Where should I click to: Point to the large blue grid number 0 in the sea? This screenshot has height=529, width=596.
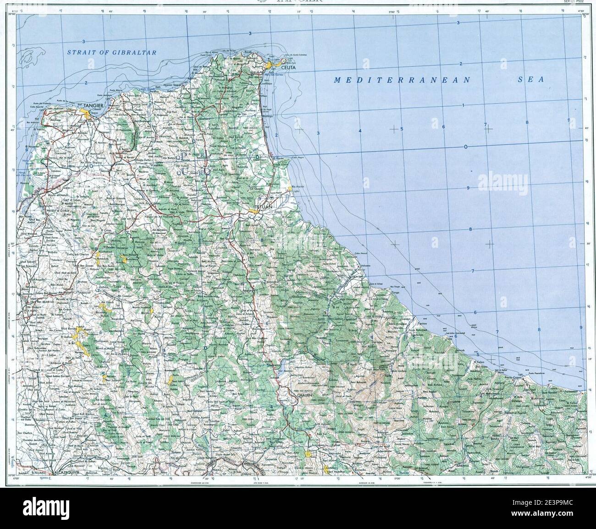465,147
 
